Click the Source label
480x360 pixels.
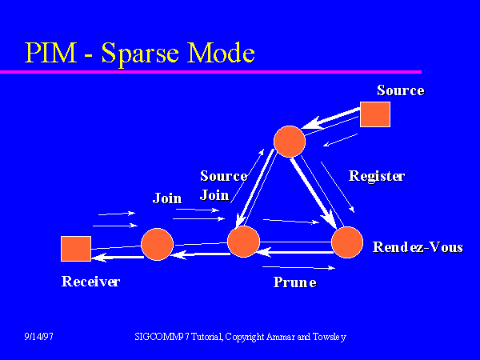tap(400, 90)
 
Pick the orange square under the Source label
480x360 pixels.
tap(374, 114)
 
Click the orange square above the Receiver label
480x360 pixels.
tap(76, 249)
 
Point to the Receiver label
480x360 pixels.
tap(90, 282)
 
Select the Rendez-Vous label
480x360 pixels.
tap(418, 247)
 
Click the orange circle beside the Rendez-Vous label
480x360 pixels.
tap(347, 242)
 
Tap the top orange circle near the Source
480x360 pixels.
tap(289, 141)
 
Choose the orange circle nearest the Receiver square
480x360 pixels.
tap(157, 245)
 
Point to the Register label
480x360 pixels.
tap(377, 176)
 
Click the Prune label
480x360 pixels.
tap(294, 282)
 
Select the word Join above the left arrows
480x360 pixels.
tap(167, 198)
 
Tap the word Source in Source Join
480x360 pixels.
tap(223, 176)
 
